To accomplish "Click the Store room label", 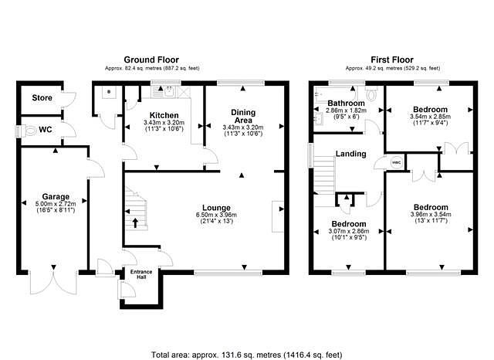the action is (42, 97).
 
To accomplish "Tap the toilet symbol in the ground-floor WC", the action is (29, 131).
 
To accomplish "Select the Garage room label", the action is (56, 197).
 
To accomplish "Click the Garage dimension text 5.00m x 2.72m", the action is (56, 204).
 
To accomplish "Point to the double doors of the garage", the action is (53, 280).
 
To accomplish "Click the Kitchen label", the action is (164, 115).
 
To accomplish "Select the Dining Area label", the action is (243, 117).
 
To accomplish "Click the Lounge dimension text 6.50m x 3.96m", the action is (216, 215).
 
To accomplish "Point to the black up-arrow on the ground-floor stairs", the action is (135, 222).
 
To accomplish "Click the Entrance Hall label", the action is (141, 274).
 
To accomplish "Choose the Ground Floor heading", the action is (151, 59).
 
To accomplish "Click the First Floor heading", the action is (392, 59).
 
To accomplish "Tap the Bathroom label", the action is (346, 103).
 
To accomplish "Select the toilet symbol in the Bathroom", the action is (372, 93).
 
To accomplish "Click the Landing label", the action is (350, 154).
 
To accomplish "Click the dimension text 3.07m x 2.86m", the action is (349, 231).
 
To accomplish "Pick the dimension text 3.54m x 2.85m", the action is (431, 117).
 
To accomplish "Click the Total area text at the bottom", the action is (247, 355).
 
